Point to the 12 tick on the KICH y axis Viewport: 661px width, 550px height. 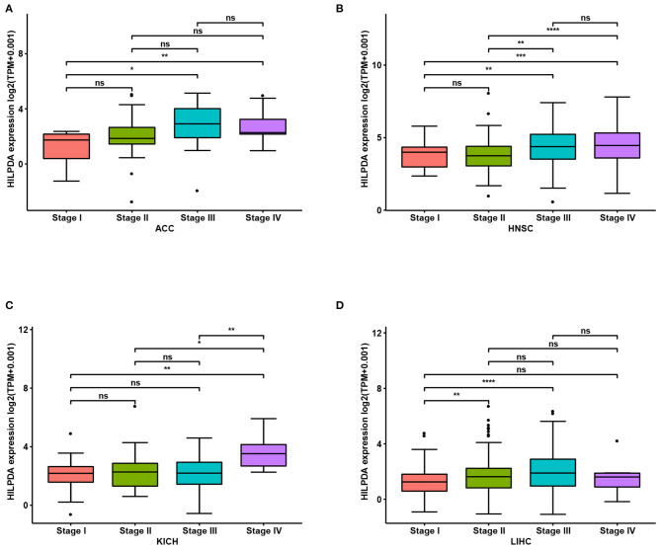click(22, 329)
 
